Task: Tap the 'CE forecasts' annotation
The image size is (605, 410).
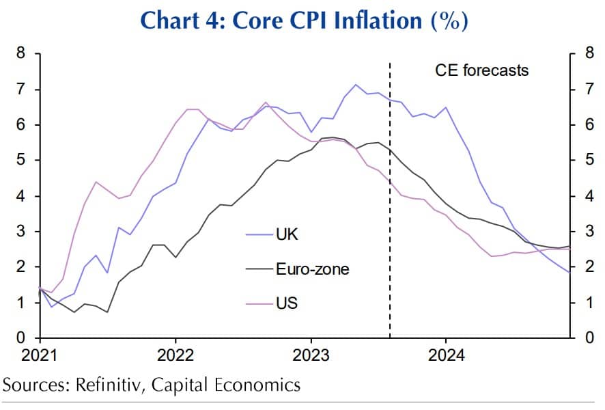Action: click(482, 70)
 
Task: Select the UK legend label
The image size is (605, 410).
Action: click(287, 235)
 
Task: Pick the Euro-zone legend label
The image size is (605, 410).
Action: click(312, 269)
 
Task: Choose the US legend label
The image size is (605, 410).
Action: click(287, 302)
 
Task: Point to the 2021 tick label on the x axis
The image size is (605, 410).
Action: click(40, 355)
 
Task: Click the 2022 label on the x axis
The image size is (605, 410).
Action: click(175, 355)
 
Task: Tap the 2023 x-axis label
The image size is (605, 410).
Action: click(311, 355)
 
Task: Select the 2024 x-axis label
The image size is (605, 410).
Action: click(446, 355)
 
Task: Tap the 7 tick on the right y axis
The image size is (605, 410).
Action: click(582, 90)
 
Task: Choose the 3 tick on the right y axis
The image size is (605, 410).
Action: click(582, 232)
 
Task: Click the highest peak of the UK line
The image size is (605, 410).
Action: click(355, 85)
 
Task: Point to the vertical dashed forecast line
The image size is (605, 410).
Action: click(390, 205)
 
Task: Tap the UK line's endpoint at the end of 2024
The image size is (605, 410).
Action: click(569, 272)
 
